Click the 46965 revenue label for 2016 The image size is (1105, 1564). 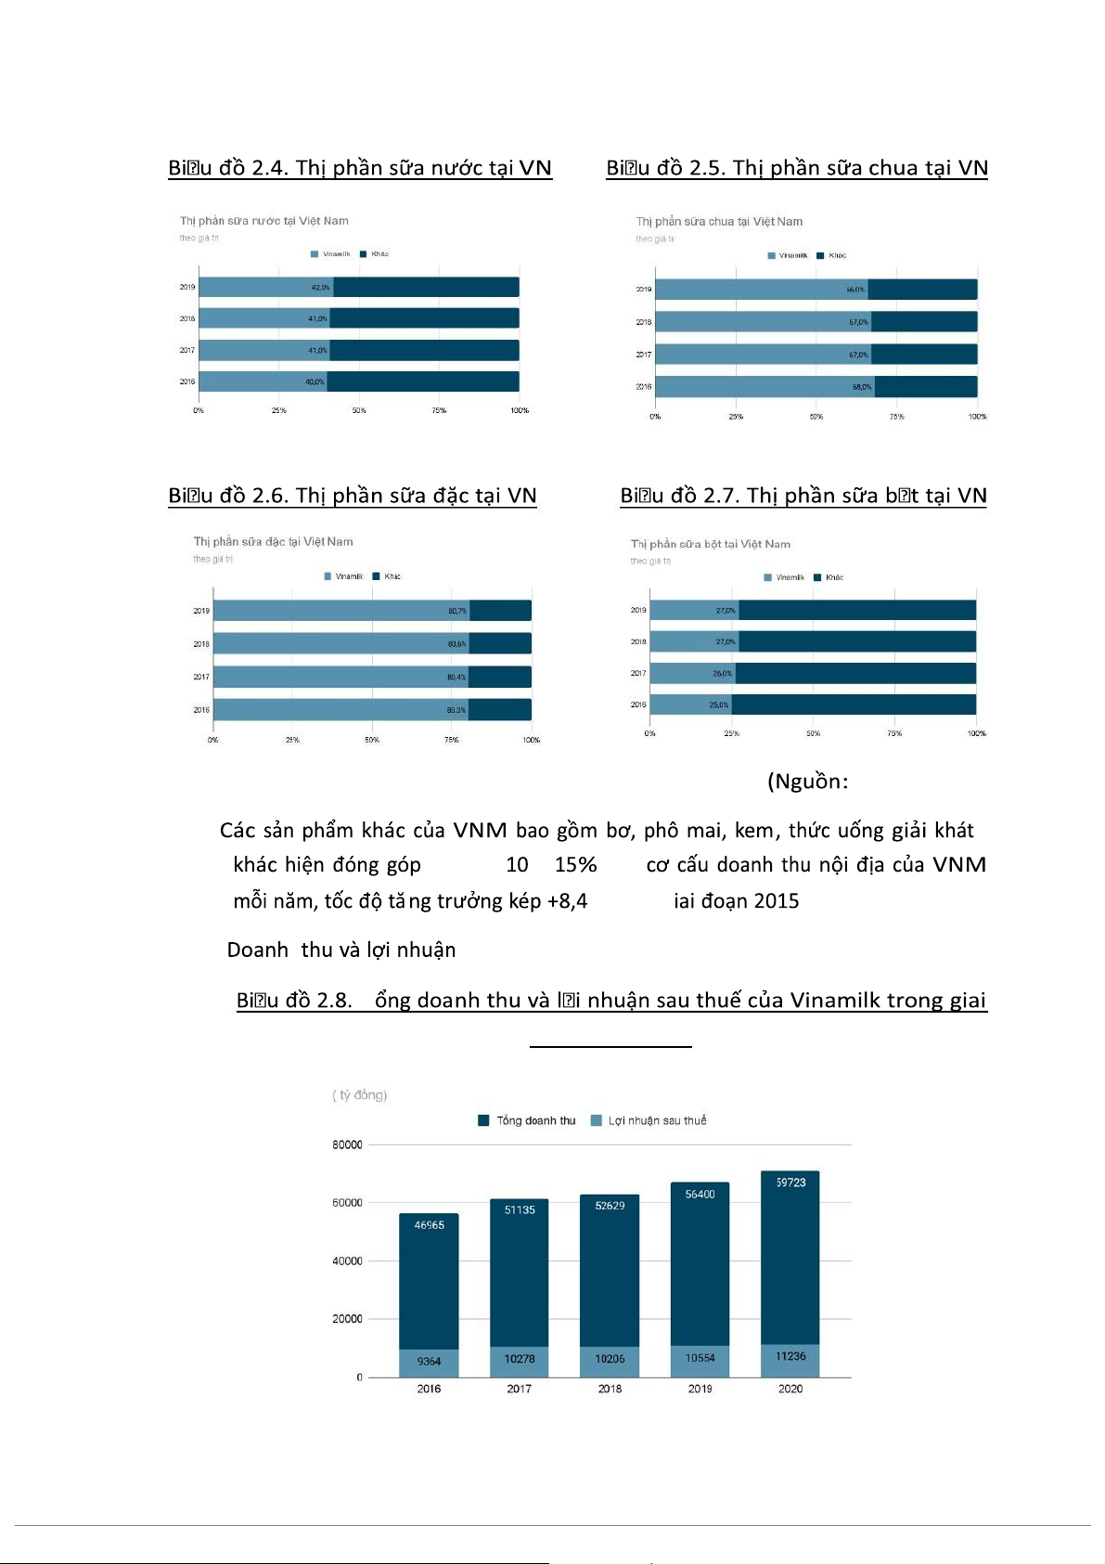(429, 1225)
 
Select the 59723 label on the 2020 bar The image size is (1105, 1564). (790, 1183)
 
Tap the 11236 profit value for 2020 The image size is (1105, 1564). (790, 1356)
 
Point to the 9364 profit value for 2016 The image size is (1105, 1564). (429, 1362)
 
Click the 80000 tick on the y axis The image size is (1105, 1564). (347, 1145)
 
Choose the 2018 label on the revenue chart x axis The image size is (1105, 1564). (610, 1389)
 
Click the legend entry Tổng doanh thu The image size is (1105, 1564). (527, 1120)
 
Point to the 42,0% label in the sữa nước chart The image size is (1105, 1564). (320, 288)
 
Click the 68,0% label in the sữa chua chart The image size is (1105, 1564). (862, 387)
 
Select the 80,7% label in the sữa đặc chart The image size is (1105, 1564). (457, 611)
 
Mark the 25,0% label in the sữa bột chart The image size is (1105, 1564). (719, 705)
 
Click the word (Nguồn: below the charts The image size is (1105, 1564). (807, 782)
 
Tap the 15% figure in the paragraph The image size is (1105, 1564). (575, 865)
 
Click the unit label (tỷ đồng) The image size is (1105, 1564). (360, 1095)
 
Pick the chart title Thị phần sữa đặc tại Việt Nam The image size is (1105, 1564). (273, 542)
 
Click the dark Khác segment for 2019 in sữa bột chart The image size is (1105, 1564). (857, 610)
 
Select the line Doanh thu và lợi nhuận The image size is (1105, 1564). (341, 950)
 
